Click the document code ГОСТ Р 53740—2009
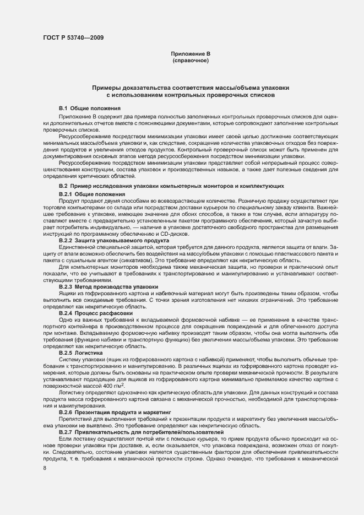coord(73,37)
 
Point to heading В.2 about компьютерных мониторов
coord(171,187)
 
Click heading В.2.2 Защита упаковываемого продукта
coord(113,241)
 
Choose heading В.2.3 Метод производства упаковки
coord(108,287)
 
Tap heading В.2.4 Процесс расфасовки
coord(95,313)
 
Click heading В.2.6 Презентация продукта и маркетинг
coord(115,411)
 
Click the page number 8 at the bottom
coord(44,453)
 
